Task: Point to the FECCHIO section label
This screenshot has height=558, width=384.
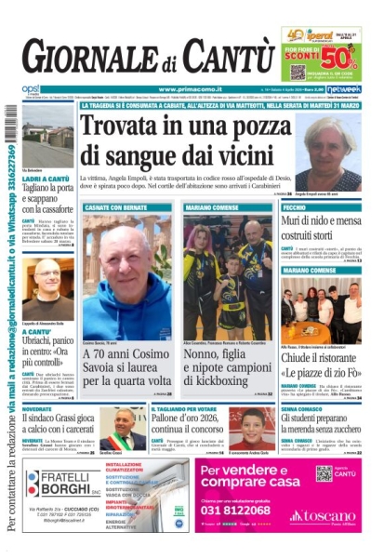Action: pyautogui.click(x=296, y=206)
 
